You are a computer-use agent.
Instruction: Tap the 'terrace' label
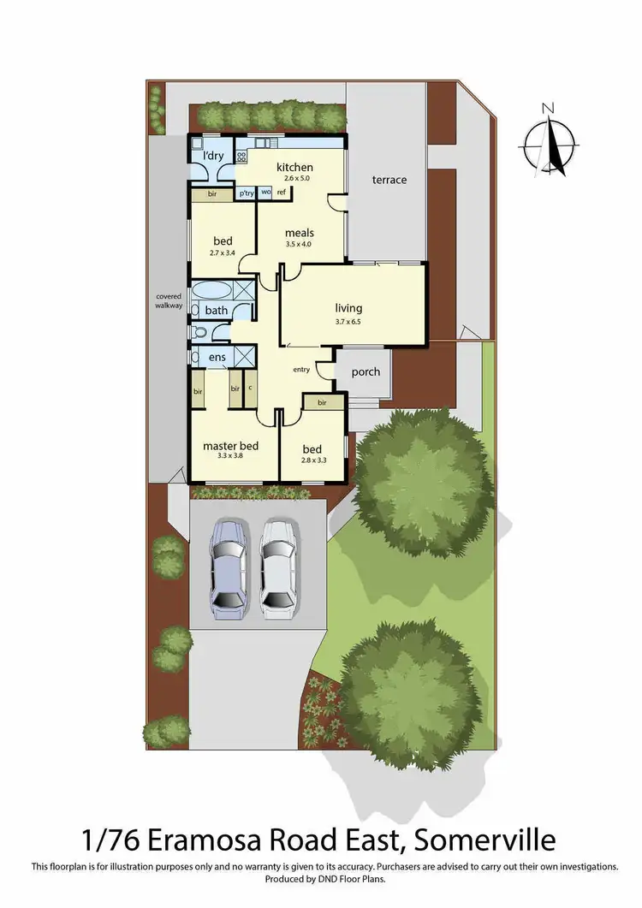click(x=389, y=180)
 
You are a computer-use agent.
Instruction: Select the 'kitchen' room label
click(x=294, y=167)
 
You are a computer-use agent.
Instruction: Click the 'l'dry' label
click(x=212, y=156)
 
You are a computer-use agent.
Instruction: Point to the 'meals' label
click(x=299, y=233)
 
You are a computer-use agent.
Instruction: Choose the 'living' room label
click(x=348, y=308)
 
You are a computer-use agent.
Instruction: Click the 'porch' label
click(x=366, y=371)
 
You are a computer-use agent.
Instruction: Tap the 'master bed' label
click(x=230, y=446)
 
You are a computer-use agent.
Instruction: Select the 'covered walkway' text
click(x=169, y=300)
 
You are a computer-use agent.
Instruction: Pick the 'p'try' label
click(x=247, y=193)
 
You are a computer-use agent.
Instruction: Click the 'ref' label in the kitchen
click(x=281, y=193)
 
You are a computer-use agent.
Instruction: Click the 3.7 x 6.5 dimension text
click(x=348, y=322)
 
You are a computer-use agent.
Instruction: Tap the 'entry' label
click(x=301, y=370)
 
